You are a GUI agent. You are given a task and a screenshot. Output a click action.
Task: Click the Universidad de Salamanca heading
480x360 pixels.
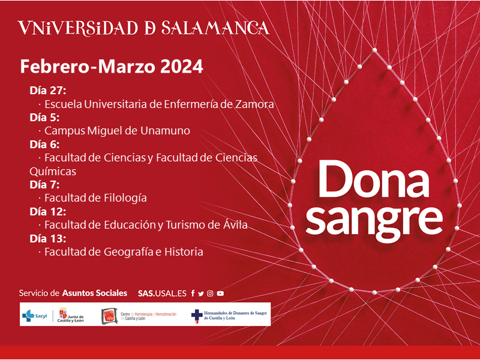[144, 28]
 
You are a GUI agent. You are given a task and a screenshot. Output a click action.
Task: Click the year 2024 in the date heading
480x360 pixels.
[182, 67]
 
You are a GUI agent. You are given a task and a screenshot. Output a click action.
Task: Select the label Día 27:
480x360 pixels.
[48, 91]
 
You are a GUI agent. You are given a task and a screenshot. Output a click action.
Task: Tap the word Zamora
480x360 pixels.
[254, 104]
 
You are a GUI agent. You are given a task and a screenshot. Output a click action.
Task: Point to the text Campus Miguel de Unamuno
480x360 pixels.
[117, 131]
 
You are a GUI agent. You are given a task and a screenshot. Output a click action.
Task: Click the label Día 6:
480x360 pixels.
[44, 144]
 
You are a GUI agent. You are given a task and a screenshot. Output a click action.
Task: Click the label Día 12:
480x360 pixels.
[48, 212]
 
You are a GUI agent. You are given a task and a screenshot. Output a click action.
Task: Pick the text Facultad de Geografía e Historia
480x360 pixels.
[124, 252]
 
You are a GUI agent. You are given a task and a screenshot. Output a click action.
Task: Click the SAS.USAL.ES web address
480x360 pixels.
[162, 293]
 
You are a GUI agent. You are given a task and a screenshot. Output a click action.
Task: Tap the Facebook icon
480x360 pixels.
[193, 293]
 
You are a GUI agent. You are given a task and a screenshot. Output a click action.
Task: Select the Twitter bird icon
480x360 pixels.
[201, 293]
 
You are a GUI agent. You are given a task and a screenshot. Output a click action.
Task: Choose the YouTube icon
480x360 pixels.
[220, 293]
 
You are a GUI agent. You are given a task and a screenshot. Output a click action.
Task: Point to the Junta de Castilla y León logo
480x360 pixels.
[71, 315]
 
